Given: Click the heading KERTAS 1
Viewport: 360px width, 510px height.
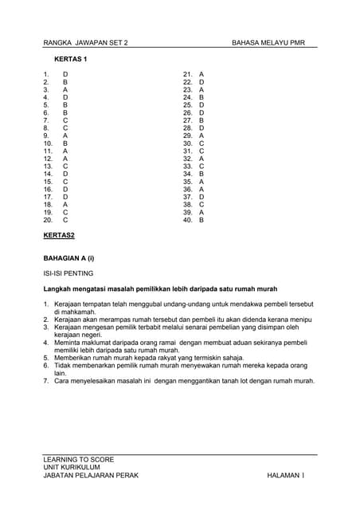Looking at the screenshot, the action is [70, 60].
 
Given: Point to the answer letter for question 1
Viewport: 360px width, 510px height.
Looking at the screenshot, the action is [65, 74].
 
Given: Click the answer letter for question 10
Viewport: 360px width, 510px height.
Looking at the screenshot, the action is [65, 143].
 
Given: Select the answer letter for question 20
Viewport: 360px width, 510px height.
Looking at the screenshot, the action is [65, 220].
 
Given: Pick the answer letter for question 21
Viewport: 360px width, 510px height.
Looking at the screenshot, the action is [202, 74].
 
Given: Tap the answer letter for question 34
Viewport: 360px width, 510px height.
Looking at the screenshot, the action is [202, 174].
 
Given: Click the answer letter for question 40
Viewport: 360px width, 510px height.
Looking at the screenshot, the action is [202, 220].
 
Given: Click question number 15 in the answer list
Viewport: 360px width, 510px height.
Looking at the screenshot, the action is [48, 182].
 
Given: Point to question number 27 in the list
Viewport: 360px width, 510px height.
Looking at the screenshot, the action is [188, 120].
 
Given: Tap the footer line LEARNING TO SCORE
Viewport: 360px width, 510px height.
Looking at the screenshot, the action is [79, 460].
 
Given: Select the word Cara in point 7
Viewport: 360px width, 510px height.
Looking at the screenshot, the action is [62, 381].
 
